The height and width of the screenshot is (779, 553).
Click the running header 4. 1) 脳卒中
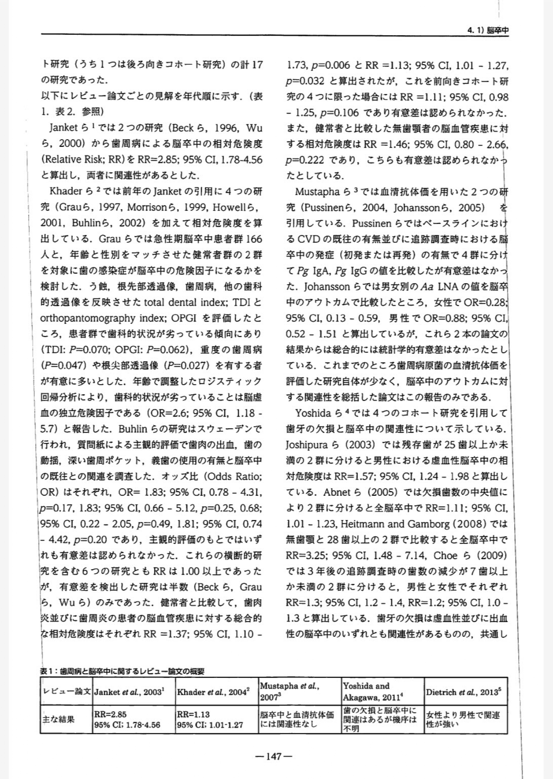click(x=488, y=30)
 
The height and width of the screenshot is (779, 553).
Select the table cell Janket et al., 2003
click(x=128, y=692)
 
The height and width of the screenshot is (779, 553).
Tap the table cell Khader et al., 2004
click(x=212, y=692)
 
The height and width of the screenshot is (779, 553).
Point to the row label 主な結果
click(x=58, y=719)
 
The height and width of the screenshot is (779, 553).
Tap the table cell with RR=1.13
click(x=210, y=719)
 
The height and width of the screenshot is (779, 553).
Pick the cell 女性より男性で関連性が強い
click(x=463, y=719)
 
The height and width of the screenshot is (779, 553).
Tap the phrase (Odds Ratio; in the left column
click(x=233, y=477)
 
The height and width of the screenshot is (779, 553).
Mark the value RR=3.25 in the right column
click(x=305, y=555)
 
